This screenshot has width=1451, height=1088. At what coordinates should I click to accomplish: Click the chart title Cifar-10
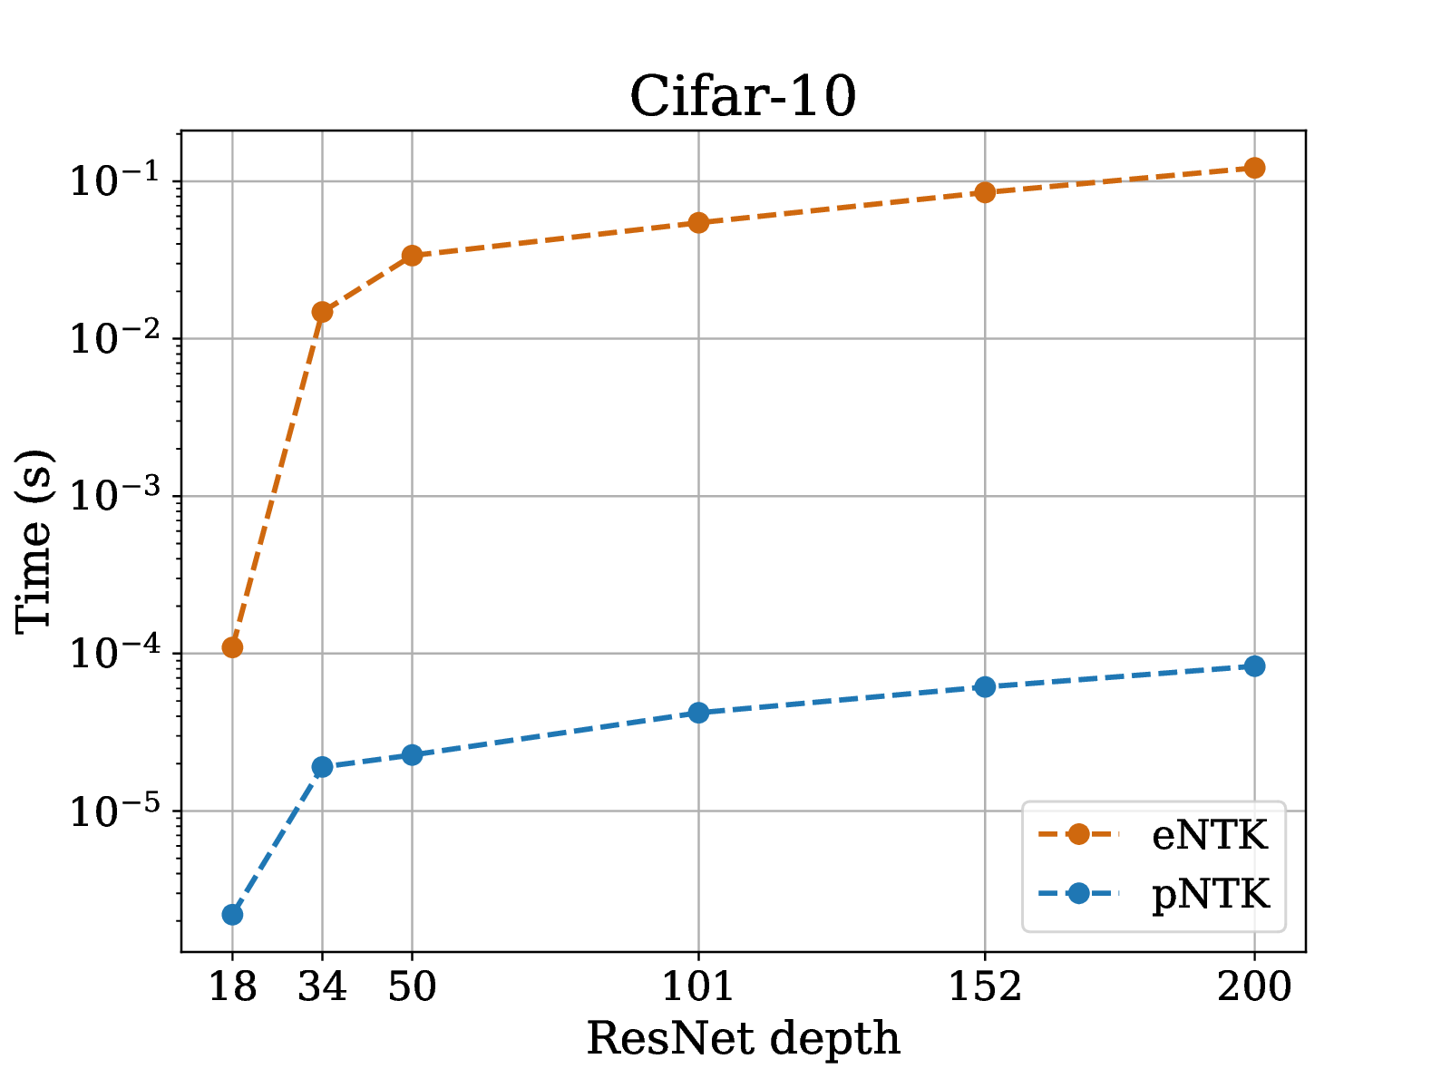[743, 96]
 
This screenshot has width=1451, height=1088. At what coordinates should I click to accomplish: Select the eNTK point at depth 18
[232, 647]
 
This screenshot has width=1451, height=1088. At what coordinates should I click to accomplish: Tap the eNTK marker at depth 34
[322, 312]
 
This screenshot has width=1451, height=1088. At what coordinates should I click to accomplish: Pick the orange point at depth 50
[412, 256]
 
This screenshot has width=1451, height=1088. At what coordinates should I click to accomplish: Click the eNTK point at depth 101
[698, 223]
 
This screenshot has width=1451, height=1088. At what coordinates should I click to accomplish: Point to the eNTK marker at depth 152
[985, 192]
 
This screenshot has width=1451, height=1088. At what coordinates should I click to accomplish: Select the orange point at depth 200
[1255, 168]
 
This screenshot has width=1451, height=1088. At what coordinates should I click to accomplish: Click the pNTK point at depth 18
[232, 915]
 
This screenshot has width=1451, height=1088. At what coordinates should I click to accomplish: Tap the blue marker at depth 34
[322, 767]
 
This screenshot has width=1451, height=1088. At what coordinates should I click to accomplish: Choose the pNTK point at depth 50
[412, 754]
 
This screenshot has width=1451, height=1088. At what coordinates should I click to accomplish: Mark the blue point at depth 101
[698, 713]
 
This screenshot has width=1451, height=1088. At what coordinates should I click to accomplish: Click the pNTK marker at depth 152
[985, 687]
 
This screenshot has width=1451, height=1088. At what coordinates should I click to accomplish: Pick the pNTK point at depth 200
[1255, 666]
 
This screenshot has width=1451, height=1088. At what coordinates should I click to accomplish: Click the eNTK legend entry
[1209, 835]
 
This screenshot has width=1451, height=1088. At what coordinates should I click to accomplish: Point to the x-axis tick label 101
[697, 986]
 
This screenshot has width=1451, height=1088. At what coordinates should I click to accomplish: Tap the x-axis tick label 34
[322, 986]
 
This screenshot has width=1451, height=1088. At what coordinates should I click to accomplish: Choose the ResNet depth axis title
[743, 1039]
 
